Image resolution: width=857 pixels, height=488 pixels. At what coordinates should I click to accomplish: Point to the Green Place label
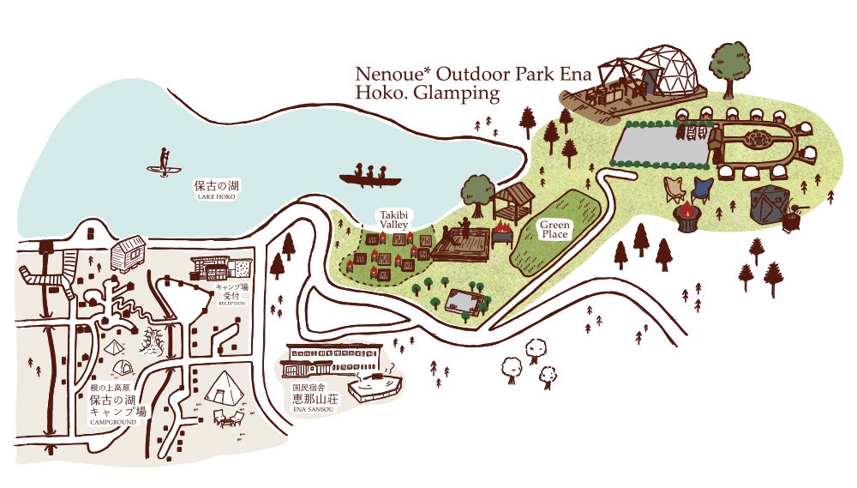point(554,228)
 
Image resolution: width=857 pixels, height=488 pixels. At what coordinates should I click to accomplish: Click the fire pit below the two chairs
point(687,217)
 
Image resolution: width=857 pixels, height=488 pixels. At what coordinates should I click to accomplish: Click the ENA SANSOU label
point(312,409)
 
